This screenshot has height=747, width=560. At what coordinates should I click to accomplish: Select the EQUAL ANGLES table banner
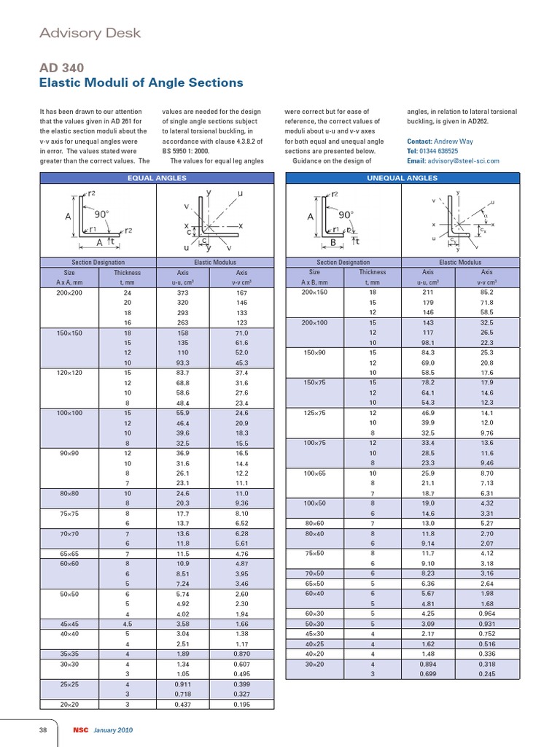157,178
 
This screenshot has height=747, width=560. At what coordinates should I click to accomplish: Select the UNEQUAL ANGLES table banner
402,178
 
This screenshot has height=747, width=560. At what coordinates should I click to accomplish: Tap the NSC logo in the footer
79,730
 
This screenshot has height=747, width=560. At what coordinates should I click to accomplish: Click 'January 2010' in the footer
112,730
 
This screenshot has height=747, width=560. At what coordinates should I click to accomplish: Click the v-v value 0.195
241,705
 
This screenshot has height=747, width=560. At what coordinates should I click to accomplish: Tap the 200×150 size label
315,293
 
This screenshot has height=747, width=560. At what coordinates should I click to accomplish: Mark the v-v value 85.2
486,293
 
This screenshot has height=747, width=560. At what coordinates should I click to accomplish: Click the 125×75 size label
315,413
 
